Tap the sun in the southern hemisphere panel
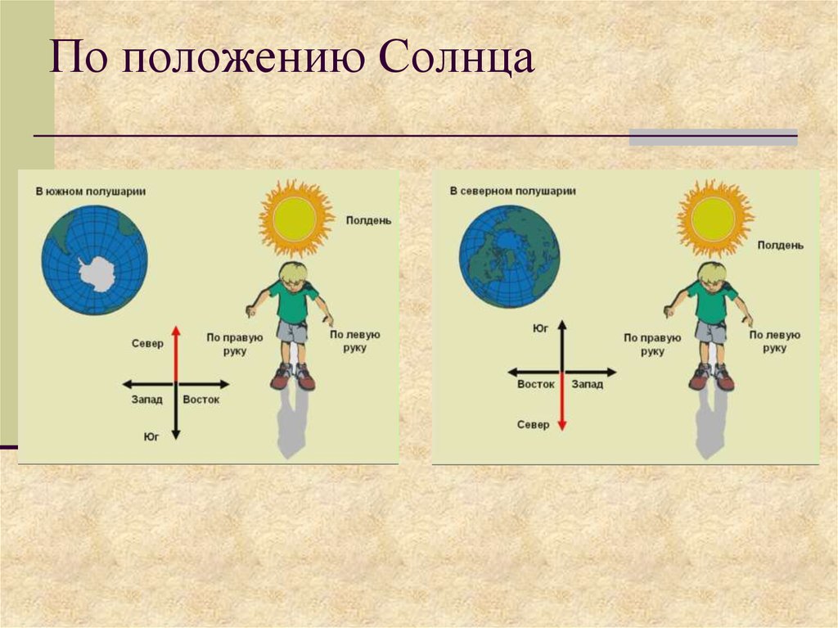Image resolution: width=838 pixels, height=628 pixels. [295, 219]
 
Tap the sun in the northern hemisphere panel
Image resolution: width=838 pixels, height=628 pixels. [714, 219]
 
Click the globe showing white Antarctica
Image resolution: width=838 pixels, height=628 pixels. [95, 260]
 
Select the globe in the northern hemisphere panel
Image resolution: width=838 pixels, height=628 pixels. [509, 257]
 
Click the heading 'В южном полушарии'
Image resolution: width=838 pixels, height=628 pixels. [91, 192]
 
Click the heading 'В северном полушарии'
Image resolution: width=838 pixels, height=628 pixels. [512, 191]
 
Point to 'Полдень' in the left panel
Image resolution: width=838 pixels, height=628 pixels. [368, 220]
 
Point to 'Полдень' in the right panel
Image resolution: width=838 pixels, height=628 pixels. [780, 245]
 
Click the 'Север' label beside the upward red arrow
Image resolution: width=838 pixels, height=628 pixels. [147, 343]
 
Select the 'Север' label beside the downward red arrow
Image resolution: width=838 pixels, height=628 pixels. [533, 425]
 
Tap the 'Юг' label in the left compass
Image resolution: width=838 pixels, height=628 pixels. [151, 436]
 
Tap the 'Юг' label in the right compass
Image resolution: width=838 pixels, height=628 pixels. [540, 328]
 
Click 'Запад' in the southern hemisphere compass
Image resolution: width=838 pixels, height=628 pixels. [147, 400]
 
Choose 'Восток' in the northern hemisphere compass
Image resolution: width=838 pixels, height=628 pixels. [536, 384]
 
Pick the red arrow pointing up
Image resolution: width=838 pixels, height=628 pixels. [176, 354]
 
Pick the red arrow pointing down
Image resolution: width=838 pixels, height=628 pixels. [561, 401]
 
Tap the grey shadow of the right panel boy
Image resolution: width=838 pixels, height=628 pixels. [710, 422]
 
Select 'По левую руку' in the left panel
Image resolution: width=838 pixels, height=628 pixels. [355, 341]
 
